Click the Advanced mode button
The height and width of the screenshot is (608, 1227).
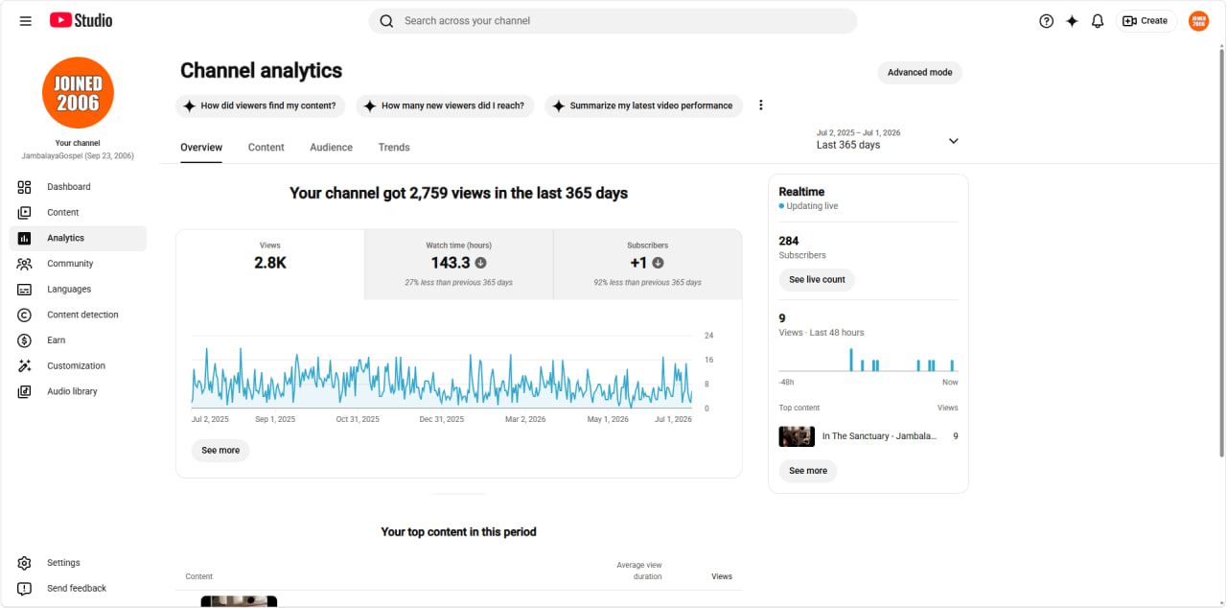coord(919,72)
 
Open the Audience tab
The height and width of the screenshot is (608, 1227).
coord(331,148)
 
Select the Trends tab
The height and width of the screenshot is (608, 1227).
coord(394,148)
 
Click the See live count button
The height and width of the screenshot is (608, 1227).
coord(817,279)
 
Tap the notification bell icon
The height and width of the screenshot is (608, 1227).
coord(1098,21)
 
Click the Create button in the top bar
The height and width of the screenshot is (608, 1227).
coord(1146,21)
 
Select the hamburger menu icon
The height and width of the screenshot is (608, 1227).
coord(25,21)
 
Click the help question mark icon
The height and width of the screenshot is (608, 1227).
coord(1046,21)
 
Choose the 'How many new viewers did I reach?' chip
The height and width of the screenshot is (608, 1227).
coord(445,105)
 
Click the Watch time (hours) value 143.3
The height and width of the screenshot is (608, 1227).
coord(451,263)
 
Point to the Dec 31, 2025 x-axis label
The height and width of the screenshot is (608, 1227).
coord(442,419)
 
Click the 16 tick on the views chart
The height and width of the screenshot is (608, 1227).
coord(708,360)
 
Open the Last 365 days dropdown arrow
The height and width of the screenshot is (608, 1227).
coord(953,141)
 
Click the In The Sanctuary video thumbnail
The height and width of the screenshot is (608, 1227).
coord(797,436)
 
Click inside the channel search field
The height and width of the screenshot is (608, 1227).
coord(613,21)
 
